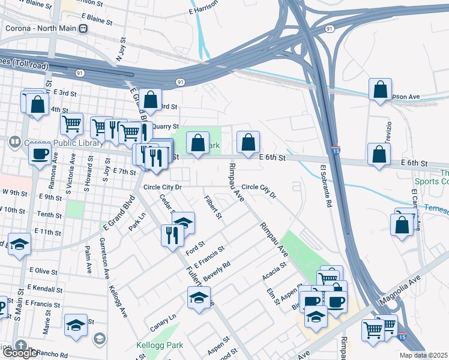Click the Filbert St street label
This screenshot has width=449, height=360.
point(213,206)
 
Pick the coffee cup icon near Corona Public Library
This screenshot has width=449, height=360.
point(40,153)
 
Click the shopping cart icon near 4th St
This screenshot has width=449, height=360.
point(72,124)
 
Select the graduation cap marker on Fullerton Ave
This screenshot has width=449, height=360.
point(199,296)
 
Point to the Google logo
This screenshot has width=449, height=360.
point(19,353)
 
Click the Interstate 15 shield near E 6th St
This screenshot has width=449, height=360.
point(336,149)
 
